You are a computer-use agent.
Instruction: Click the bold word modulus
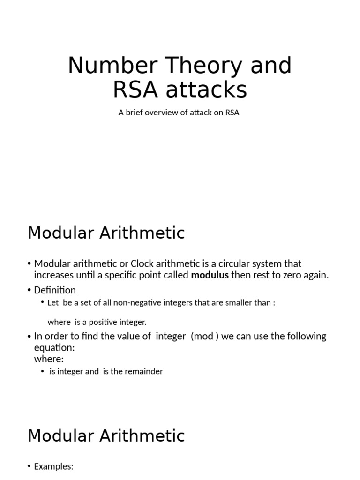pyautogui.click(x=210, y=275)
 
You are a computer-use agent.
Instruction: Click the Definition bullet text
pyautogui.click(x=55, y=290)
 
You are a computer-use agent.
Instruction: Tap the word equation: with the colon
pyautogui.click(x=54, y=348)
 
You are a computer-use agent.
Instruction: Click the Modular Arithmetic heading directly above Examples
pyautogui.click(x=106, y=436)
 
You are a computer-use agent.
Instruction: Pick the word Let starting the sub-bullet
pyautogui.click(x=53, y=303)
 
